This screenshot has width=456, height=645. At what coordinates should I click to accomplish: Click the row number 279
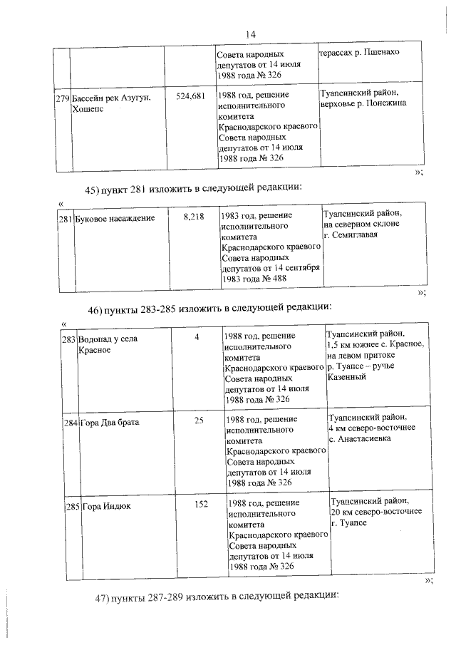tap(62, 97)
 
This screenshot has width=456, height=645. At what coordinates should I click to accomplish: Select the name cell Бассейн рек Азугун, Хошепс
tap(110, 103)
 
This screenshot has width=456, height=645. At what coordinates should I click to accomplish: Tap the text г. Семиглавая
tap(351, 234)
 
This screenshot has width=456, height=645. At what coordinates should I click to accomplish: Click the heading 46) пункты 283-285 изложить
tap(209, 310)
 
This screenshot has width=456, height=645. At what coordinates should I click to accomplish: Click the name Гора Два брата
tap(110, 423)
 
